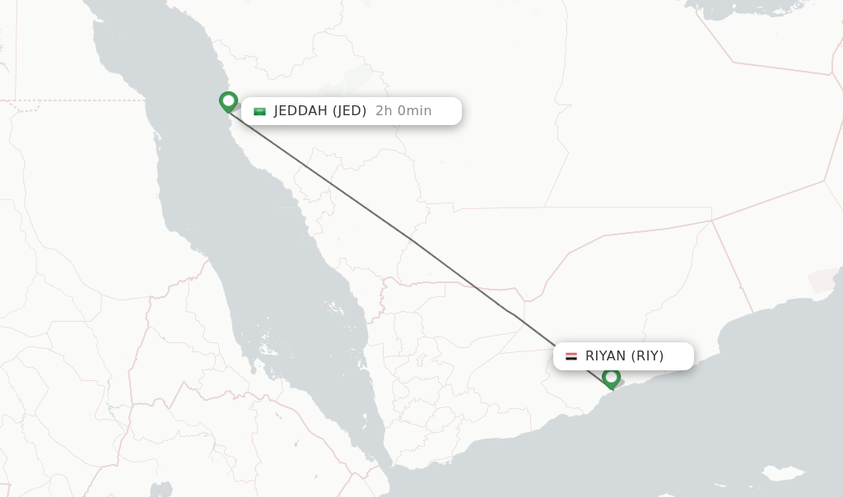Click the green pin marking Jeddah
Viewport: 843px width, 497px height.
[228, 101]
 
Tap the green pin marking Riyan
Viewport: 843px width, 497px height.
[611, 378]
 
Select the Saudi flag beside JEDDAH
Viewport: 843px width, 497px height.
[260, 111]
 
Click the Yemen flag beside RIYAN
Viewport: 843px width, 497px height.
[571, 356]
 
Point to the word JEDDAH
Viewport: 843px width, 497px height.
[300, 111]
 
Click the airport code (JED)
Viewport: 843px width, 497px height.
[349, 111]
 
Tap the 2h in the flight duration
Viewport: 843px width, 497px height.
[384, 111]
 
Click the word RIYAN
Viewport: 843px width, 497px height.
[605, 356]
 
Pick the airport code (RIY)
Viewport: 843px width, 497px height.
[648, 356]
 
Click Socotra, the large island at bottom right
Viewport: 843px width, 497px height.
[781, 475]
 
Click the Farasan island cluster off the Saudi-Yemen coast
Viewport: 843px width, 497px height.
[335, 309]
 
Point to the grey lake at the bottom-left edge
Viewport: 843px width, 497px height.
[161, 490]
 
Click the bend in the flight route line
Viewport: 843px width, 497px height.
[515, 314]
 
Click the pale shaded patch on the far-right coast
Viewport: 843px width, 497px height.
[823, 280]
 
